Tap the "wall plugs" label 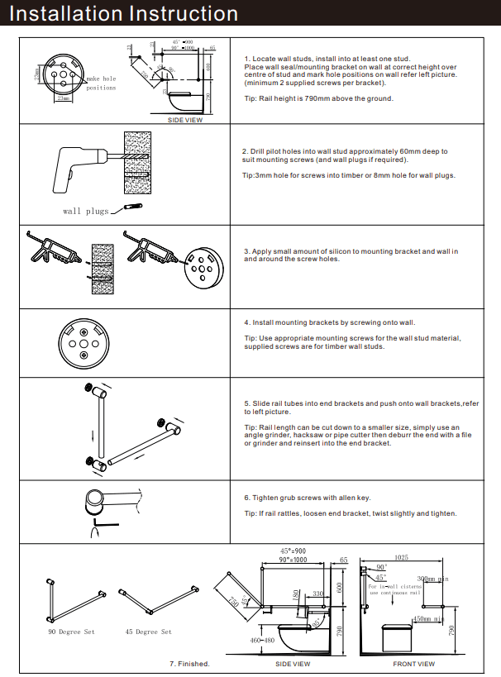[x=86, y=212]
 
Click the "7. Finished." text [x=189, y=664]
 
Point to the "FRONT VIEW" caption [x=413, y=664]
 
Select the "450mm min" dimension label [x=429, y=617]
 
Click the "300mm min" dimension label [x=432, y=579]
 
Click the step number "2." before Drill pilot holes [x=246, y=151]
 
